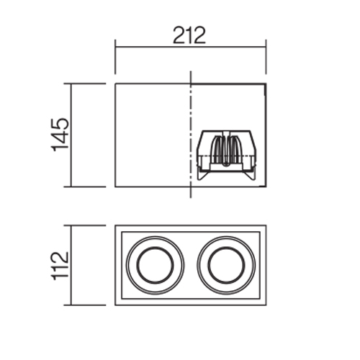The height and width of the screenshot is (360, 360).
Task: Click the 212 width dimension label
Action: point(189,35)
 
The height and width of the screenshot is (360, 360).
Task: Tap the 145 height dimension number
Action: point(60,135)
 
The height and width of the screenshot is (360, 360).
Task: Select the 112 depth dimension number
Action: point(60,266)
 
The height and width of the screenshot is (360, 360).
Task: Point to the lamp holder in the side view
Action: point(227,156)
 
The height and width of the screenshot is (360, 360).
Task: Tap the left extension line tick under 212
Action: point(115,57)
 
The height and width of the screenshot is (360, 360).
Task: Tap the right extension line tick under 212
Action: point(266,57)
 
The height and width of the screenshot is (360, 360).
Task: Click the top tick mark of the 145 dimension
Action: point(85,84)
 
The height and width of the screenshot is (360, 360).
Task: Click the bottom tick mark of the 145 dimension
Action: point(85,186)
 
